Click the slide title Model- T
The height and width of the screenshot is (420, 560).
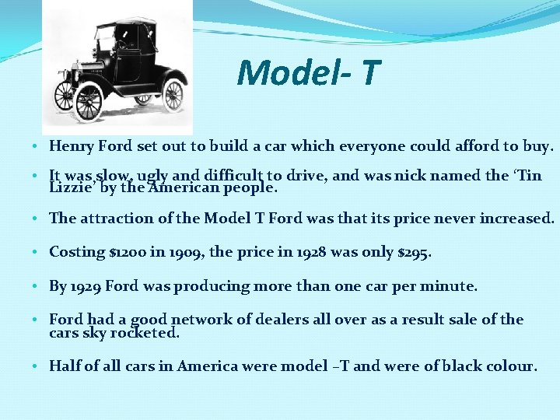(309, 72)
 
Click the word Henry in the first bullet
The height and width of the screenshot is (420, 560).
(70, 145)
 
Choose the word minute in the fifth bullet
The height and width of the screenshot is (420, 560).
(451, 286)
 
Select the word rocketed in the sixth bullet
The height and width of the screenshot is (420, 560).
(146, 333)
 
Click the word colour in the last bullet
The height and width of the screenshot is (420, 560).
(511, 366)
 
